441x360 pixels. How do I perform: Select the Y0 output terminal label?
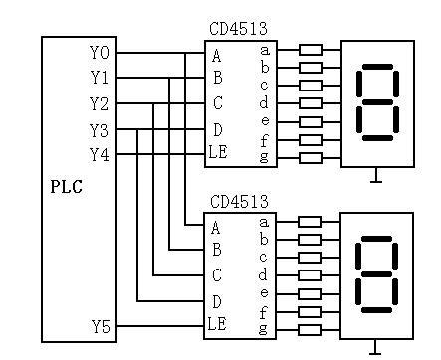[x=101, y=52]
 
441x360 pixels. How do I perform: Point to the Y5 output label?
[x=101, y=325]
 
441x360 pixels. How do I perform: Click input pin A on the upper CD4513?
[x=216, y=55]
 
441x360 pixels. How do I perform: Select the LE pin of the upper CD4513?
[x=219, y=153]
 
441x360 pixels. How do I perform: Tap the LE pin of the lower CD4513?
[x=219, y=324]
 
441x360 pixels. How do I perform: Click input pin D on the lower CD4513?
[x=216, y=301]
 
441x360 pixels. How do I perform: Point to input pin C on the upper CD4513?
[x=216, y=103]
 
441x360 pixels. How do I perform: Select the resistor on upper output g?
[x=311, y=157]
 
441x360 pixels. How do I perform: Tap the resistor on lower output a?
[x=311, y=222]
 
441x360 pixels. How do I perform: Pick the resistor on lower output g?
[x=311, y=329]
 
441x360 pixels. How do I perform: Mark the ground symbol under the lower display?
[x=375, y=348]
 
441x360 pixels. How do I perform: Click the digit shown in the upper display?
[x=378, y=101]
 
